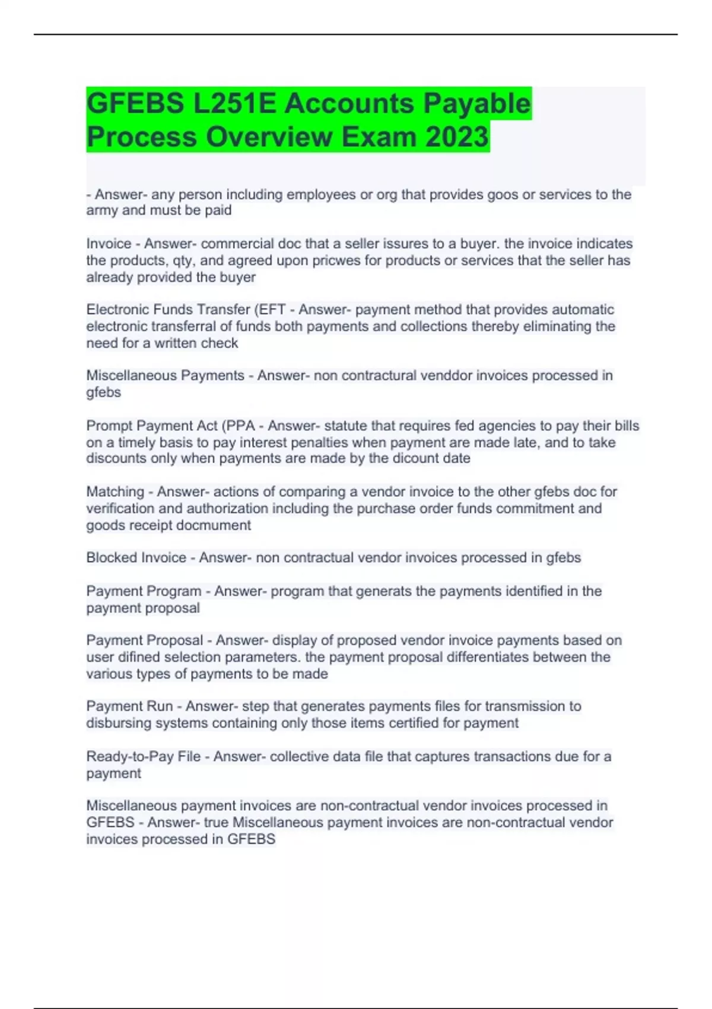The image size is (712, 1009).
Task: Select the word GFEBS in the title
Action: click(135, 103)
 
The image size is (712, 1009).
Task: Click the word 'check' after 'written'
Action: click(219, 343)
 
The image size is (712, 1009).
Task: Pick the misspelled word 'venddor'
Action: click(446, 376)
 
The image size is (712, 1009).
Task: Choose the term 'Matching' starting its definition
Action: click(115, 492)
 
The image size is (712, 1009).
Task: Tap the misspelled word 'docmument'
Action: click(220, 525)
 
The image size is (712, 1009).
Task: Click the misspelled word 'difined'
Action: click(139, 657)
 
